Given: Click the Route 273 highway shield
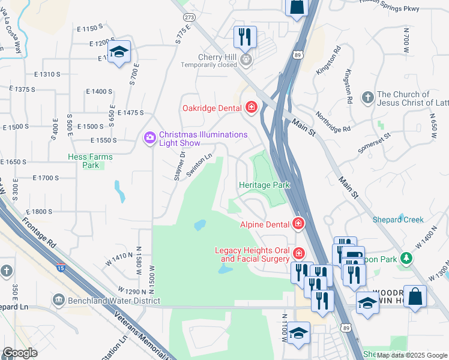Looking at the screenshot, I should tap(190, 18).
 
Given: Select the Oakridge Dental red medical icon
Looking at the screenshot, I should tap(251, 108).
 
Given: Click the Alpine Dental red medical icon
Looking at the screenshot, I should tap(298, 224).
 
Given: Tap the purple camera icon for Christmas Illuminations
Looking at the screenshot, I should tap(149, 139).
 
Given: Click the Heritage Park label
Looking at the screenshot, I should tap(264, 185).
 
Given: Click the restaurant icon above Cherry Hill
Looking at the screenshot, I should tap(245, 37).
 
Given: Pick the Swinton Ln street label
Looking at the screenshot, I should tap(200, 164).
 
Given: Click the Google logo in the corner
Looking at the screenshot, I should tap(20, 353).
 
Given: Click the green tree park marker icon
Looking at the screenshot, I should tap(407, 257).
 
